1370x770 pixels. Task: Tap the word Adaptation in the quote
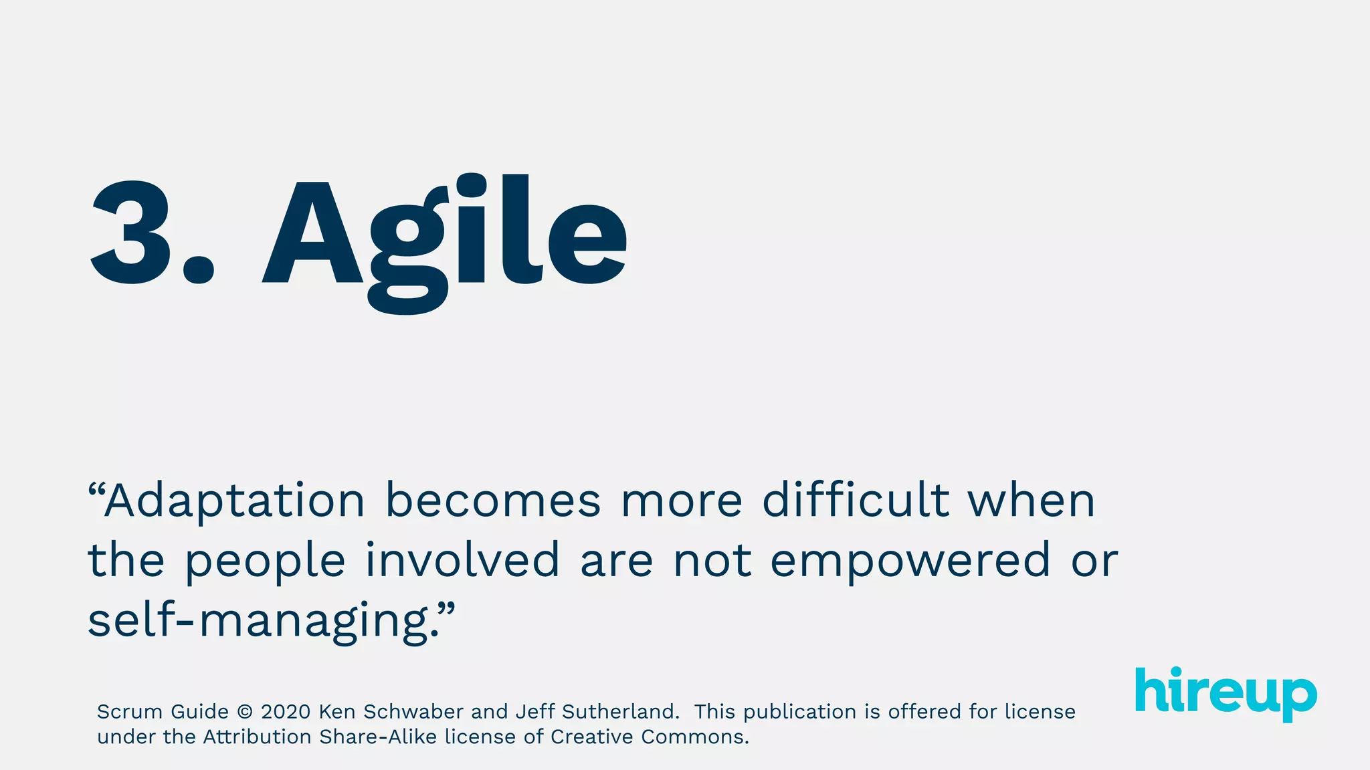point(234,501)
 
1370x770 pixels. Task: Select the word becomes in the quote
point(493,501)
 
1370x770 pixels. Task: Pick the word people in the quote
point(265,561)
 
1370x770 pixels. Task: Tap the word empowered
point(910,561)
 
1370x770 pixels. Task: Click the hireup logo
point(1226,692)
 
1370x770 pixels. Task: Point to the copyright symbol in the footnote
point(245,712)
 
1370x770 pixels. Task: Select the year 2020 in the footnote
point(286,712)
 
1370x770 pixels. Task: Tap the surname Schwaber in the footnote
point(413,712)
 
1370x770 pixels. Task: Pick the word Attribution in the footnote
point(258,737)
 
